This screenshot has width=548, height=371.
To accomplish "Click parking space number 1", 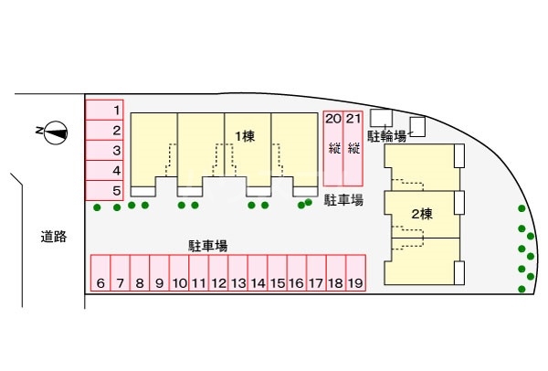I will [x=105, y=111].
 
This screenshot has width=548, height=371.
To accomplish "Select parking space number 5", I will [x=105, y=191].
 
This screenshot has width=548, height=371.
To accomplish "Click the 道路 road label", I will [x=54, y=237].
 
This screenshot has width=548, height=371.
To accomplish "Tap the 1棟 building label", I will [x=244, y=136].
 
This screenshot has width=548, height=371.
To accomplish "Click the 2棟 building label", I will [x=421, y=216].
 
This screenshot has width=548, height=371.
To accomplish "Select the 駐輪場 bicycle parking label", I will [x=387, y=135].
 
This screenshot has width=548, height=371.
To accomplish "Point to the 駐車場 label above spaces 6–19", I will [x=208, y=244].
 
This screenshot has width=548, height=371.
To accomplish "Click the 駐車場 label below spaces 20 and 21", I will [x=344, y=200].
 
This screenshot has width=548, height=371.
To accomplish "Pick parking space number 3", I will [x=105, y=151].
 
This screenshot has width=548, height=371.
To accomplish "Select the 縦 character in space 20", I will [x=332, y=150].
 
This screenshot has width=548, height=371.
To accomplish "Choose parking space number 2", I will [x=105, y=131].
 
